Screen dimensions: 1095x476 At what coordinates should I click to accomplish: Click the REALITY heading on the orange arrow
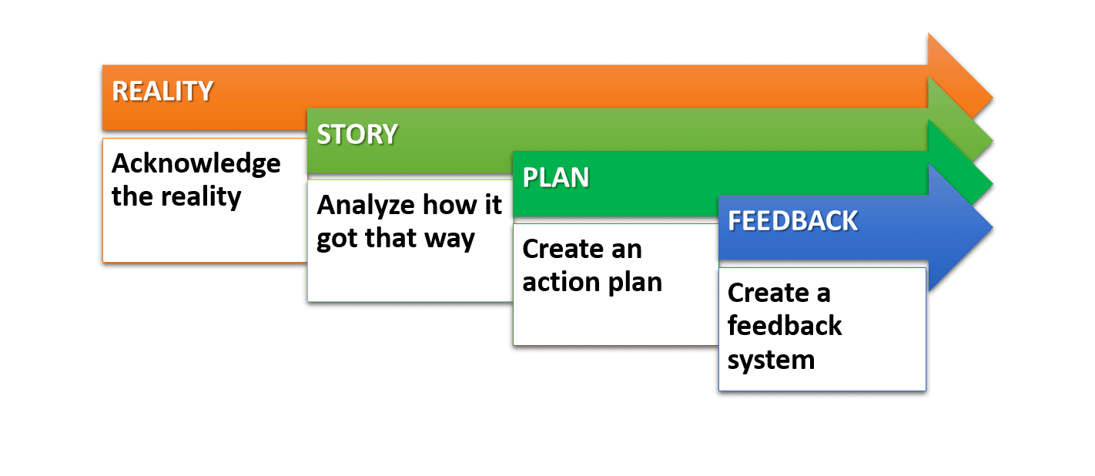tap(162, 92)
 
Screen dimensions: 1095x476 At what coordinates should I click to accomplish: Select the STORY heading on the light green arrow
tap(357, 134)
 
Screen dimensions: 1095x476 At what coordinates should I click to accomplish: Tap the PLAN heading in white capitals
tap(556, 177)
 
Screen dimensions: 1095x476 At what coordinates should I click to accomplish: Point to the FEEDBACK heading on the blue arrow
tap(792, 221)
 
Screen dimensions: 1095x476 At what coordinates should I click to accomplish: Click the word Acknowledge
tap(196, 164)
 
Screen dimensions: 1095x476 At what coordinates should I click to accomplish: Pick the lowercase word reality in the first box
tap(201, 197)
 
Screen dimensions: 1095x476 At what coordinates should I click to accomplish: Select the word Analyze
tap(366, 205)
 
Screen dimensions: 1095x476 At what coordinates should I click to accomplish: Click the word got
tap(337, 240)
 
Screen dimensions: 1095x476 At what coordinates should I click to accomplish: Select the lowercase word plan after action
tap(635, 283)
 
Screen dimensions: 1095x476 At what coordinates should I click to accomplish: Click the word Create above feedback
tap(768, 293)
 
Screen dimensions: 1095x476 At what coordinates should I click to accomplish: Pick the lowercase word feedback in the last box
tap(785, 326)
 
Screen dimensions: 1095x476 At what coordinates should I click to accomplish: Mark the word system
tap(771, 361)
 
